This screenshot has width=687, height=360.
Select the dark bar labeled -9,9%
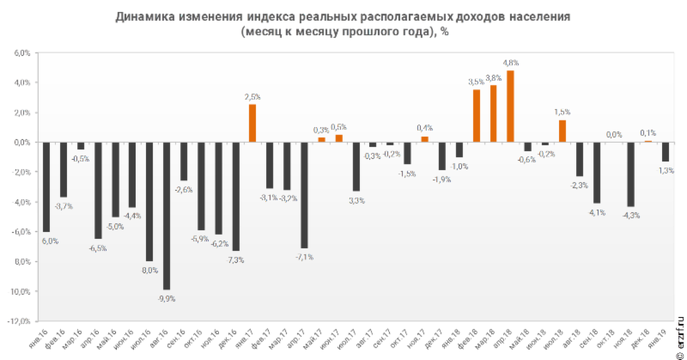167,216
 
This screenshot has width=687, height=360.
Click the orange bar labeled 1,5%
562,131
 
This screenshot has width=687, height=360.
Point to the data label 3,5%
475,82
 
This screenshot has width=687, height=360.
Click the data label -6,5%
98,248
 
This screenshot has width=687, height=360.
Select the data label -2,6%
184,189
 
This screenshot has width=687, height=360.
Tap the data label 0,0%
614,134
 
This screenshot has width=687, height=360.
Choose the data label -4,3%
631,215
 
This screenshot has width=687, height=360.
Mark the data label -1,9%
441,179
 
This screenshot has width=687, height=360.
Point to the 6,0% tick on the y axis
21,52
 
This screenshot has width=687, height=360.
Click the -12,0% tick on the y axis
20,321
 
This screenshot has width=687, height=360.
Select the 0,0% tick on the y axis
21,143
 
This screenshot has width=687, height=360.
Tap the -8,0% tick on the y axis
21,262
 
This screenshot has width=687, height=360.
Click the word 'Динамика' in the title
145,17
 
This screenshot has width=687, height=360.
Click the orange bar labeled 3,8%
493,114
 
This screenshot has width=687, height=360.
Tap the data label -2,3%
580,185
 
